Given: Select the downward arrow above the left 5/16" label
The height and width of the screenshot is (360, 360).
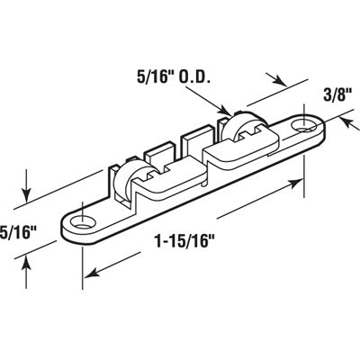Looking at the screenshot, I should point(28,195).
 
